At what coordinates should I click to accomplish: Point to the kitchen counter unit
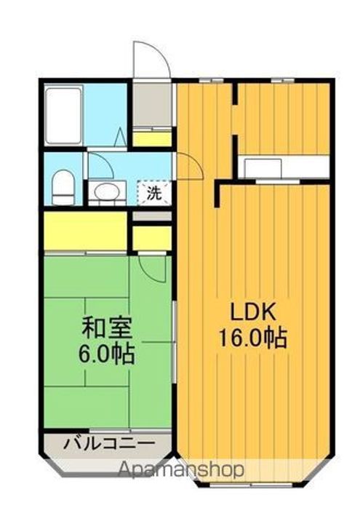tap(276, 167)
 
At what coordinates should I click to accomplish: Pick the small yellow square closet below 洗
tap(152, 237)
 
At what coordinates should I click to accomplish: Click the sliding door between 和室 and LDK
tap(175, 342)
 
